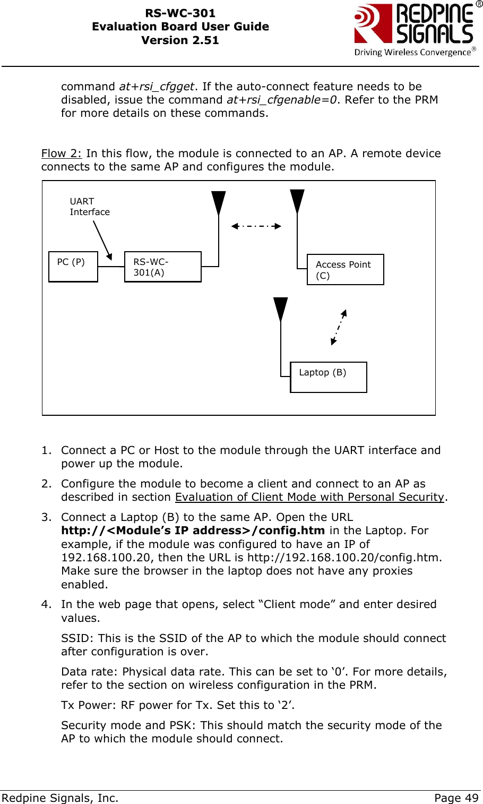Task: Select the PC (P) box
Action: pyautogui.click(x=73, y=267)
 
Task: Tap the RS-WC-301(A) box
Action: pyautogui.click(x=162, y=267)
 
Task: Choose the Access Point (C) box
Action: pyautogui.click(x=345, y=270)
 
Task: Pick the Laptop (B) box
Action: pyautogui.click(x=328, y=377)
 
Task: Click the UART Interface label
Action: pyautogui.click(x=89, y=207)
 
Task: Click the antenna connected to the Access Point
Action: pyautogui.click(x=297, y=202)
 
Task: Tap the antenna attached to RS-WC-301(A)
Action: pyautogui.click(x=219, y=203)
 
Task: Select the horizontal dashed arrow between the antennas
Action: pyautogui.click(x=256, y=226)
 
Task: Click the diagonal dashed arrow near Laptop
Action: pyautogui.click(x=339, y=327)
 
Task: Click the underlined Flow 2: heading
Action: pyautogui.click(x=62, y=153)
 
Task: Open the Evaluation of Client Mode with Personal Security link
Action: pyautogui.click(x=309, y=497)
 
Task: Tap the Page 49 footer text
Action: pyautogui.click(x=456, y=798)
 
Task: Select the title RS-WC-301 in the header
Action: pyautogui.click(x=180, y=13)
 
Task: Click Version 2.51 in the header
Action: pyautogui.click(x=180, y=40)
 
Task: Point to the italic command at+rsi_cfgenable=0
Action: pyautogui.click(x=282, y=100)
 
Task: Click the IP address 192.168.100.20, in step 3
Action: pyautogui.click(x=106, y=558)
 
